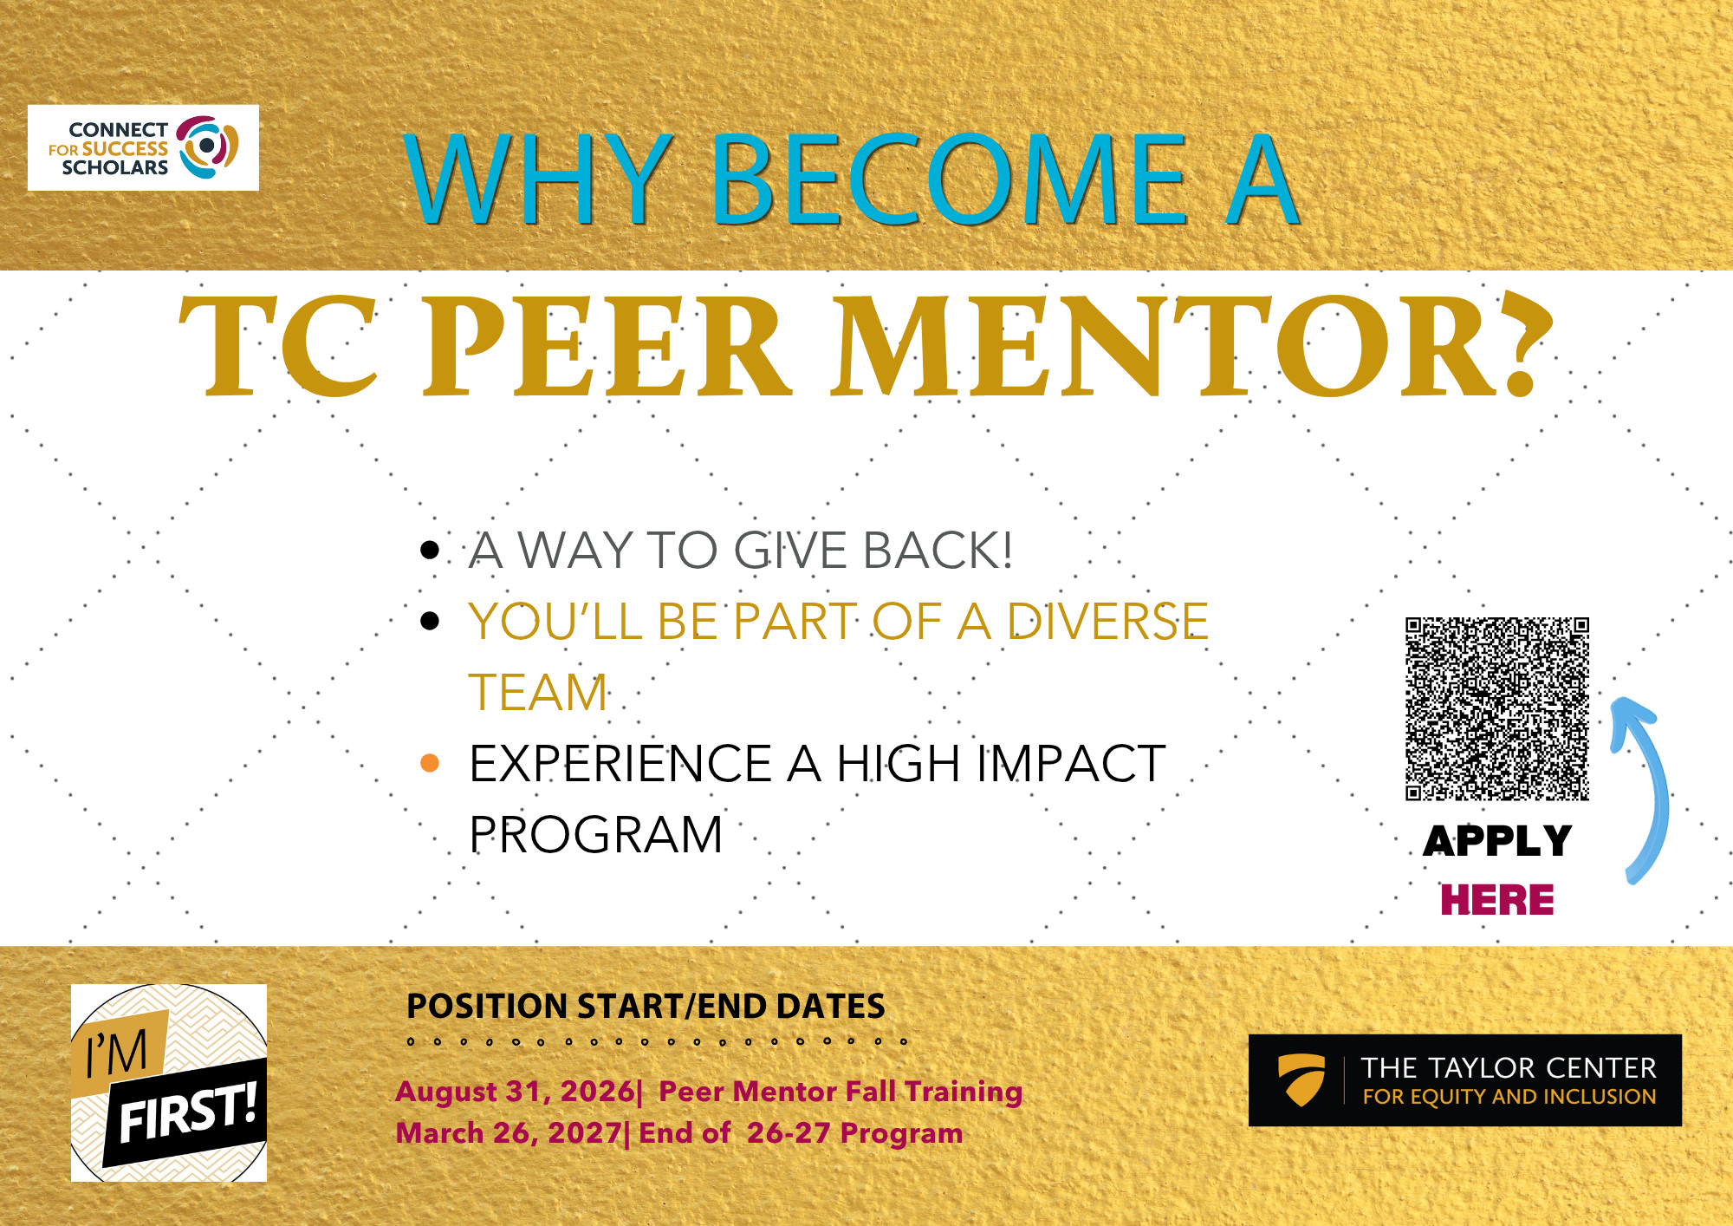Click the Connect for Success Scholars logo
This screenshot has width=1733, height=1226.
pyautogui.click(x=143, y=147)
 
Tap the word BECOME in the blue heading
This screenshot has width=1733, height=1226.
pyautogui.click(x=950, y=179)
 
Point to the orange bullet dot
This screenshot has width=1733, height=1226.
pyautogui.click(x=429, y=763)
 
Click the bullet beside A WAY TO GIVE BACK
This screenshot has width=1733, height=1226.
pyautogui.click(x=430, y=550)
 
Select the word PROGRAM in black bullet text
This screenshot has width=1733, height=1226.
pyautogui.click(x=596, y=834)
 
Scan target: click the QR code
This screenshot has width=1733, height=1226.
pyautogui.click(x=1497, y=708)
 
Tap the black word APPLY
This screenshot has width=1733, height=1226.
pyautogui.click(x=1497, y=840)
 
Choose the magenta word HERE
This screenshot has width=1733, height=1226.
pyautogui.click(x=1497, y=899)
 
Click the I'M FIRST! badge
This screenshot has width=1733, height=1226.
pyautogui.click(x=169, y=1082)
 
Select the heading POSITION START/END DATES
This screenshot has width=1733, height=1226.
pyautogui.click(x=646, y=1006)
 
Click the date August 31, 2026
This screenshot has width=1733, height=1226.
pyautogui.click(x=515, y=1091)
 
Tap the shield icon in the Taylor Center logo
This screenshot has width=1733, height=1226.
pyautogui.click(x=1301, y=1079)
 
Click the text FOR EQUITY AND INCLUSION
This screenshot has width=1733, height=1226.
pyautogui.click(x=1509, y=1097)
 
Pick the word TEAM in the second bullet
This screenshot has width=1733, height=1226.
pyautogui.click(x=538, y=692)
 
